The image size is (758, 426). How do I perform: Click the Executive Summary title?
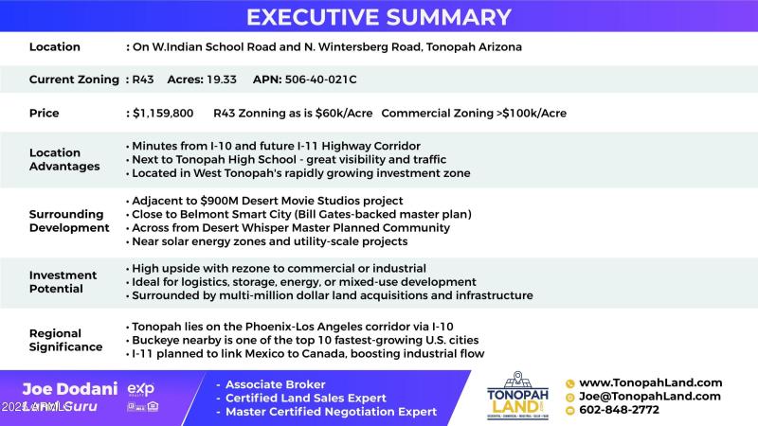tap(379, 17)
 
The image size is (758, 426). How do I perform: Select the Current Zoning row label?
tap(74, 80)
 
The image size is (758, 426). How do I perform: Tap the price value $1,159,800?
tap(163, 113)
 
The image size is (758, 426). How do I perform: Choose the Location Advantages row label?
tap(63, 159)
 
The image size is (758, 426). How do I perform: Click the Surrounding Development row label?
tap(69, 221)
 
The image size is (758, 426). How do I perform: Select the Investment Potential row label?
tap(63, 282)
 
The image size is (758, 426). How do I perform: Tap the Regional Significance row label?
tap(65, 340)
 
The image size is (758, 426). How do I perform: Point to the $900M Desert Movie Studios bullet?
tap(267, 201)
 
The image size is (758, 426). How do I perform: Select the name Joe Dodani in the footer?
tap(69, 389)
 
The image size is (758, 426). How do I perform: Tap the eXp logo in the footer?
tap(140, 389)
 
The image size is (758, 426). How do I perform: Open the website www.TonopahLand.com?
tap(650, 382)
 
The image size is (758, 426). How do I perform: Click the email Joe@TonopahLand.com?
tap(650, 397)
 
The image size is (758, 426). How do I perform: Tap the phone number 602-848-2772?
tap(619, 410)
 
